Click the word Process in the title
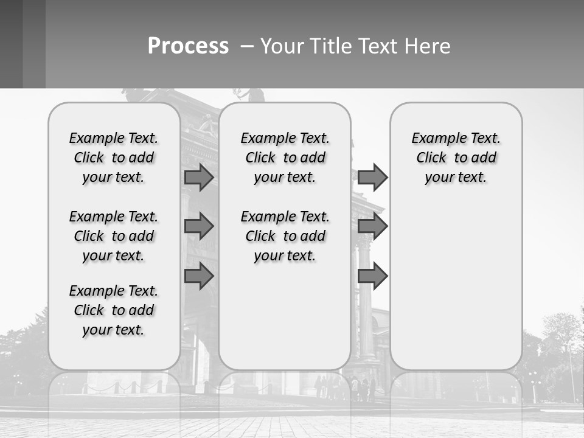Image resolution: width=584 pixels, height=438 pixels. (x=188, y=46)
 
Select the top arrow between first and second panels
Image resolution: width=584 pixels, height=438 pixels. (x=198, y=177)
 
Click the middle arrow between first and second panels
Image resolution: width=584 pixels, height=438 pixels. (x=198, y=226)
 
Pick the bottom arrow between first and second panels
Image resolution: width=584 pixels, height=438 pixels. (x=198, y=276)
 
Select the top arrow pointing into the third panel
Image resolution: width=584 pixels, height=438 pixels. (x=372, y=177)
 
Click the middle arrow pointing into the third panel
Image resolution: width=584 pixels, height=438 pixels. (x=372, y=226)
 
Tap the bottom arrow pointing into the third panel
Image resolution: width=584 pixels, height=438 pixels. (x=372, y=276)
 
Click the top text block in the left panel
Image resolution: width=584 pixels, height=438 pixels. (x=113, y=158)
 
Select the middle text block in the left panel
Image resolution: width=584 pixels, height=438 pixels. (x=113, y=236)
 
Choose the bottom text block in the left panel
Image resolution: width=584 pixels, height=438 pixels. (x=113, y=310)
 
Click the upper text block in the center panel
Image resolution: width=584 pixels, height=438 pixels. (x=285, y=158)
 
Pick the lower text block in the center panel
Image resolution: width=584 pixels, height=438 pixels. (x=285, y=236)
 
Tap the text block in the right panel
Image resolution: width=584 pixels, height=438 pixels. (x=456, y=158)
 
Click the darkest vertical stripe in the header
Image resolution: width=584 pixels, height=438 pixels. (x=11, y=44)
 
